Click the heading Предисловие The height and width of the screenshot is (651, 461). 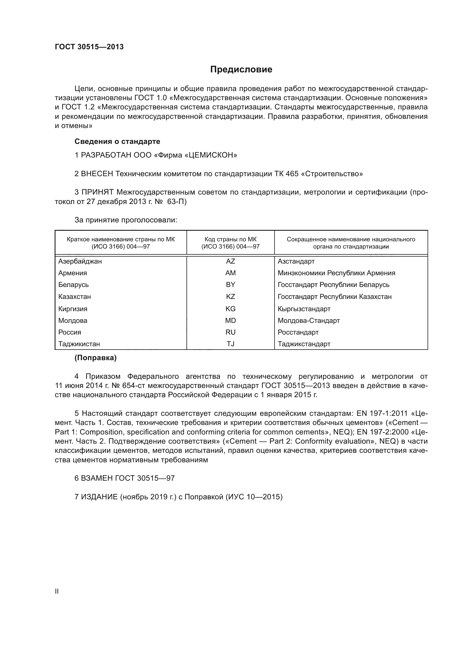click(x=241, y=70)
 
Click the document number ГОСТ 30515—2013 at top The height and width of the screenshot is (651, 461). click(x=89, y=47)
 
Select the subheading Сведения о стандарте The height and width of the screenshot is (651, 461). click(x=117, y=141)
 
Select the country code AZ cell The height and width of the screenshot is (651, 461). click(x=230, y=261)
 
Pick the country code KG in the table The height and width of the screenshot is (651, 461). click(x=230, y=309)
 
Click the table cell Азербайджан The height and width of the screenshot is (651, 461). click(x=80, y=261)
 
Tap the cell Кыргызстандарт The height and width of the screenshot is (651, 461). click(x=304, y=309)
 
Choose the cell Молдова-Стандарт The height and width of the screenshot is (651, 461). click(x=309, y=320)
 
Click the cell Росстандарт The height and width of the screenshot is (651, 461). click(x=298, y=332)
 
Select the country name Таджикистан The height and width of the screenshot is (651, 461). click(x=79, y=344)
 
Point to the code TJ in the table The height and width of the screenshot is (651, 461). click(x=230, y=344)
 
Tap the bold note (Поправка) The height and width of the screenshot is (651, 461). click(x=95, y=358)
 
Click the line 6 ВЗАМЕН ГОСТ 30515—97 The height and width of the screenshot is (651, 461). click(x=124, y=478)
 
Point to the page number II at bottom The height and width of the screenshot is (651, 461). click(x=57, y=591)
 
